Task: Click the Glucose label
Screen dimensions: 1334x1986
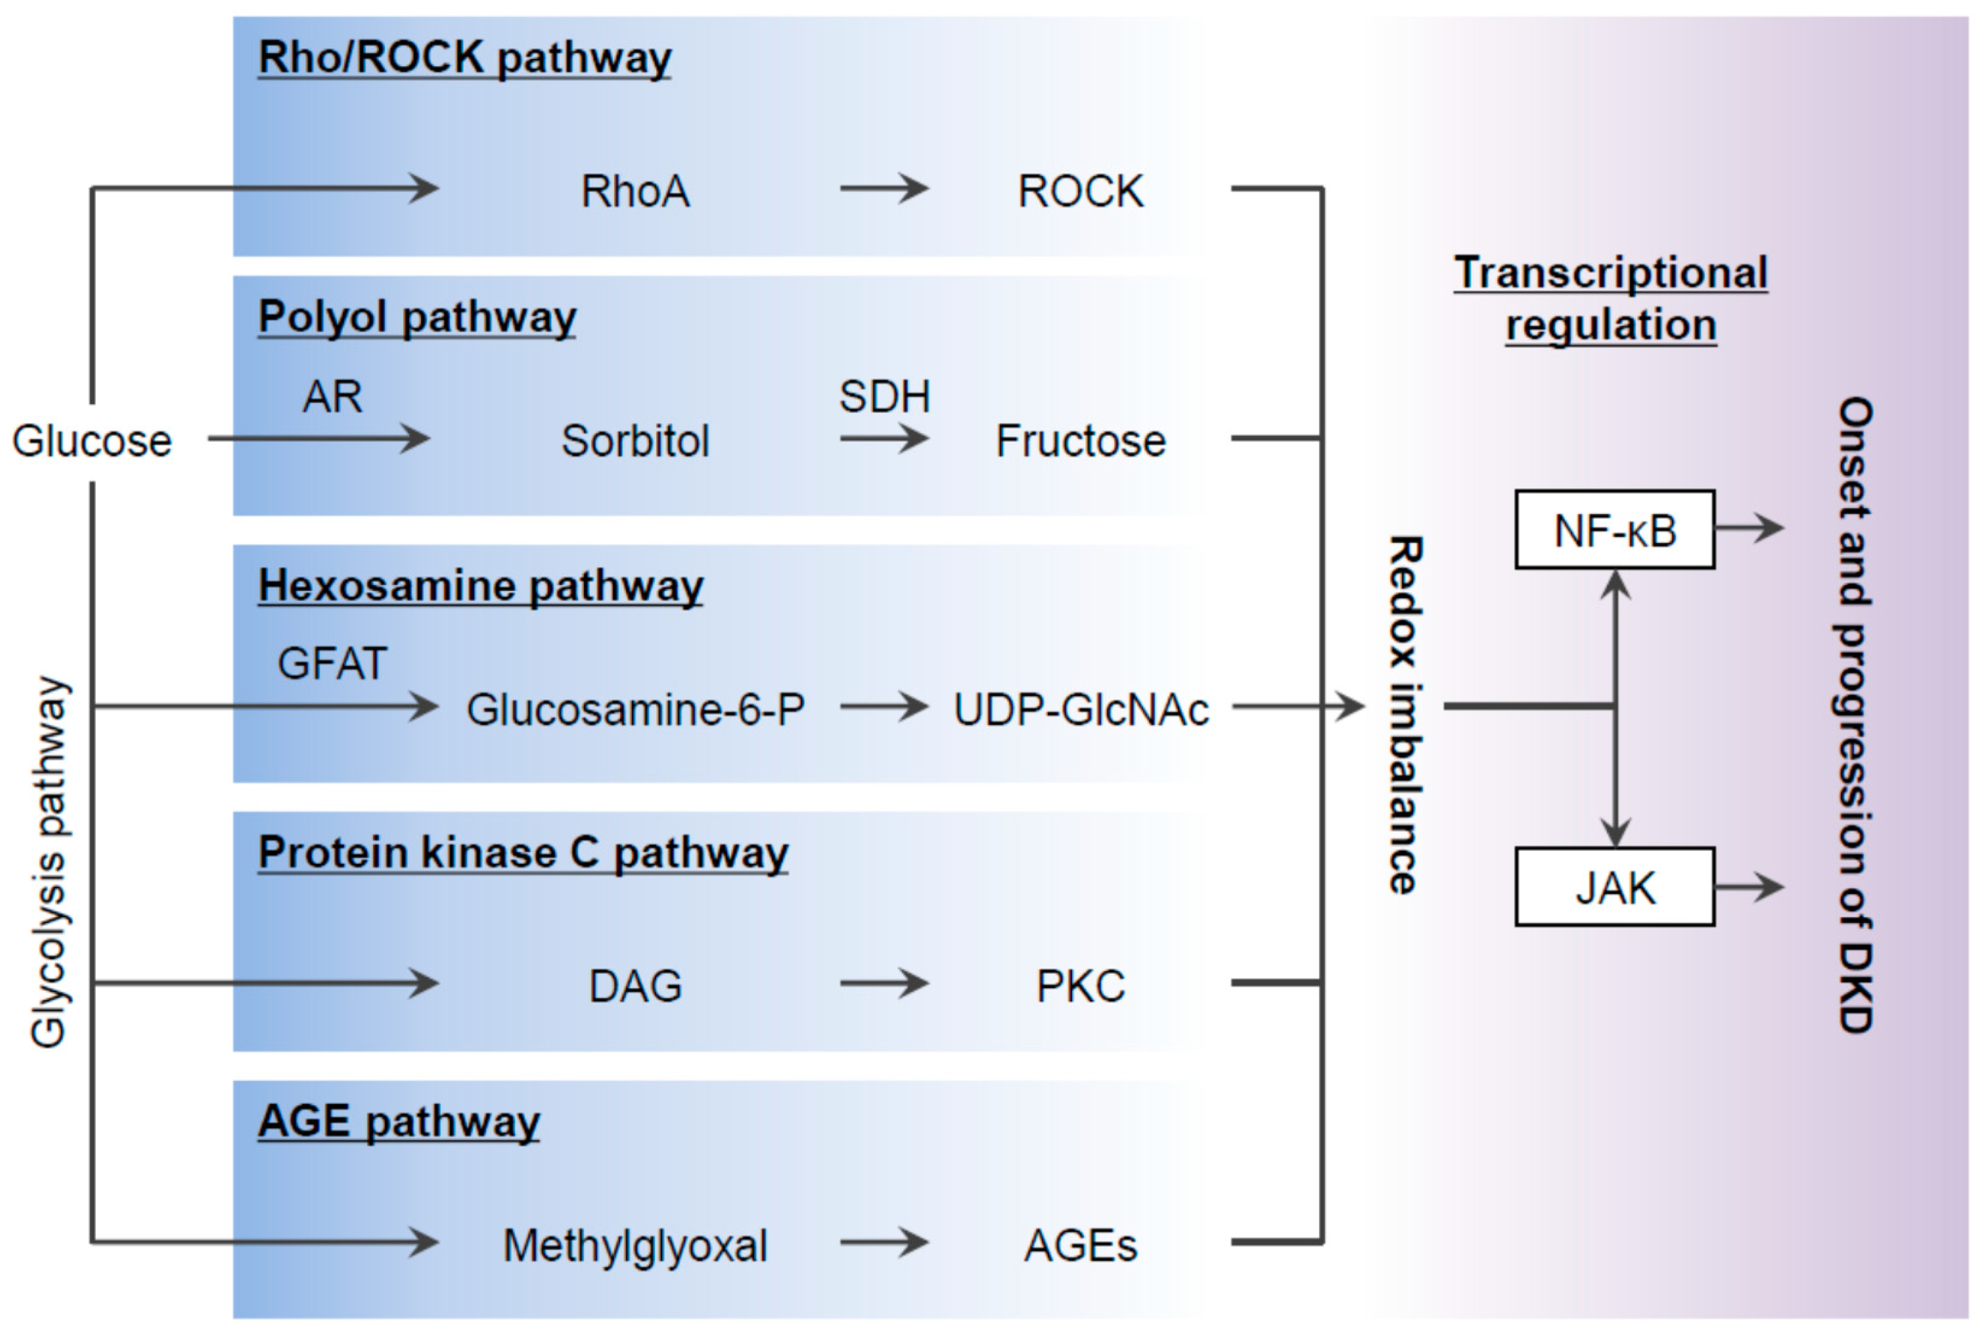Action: click(x=92, y=440)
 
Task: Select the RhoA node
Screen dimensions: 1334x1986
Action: click(x=635, y=191)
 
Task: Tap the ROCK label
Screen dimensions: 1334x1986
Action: click(x=1081, y=191)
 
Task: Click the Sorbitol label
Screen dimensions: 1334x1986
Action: click(x=635, y=440)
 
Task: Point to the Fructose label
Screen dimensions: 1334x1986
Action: click(x=1081, y=440)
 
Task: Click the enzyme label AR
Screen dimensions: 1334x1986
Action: click(x=332, y=396)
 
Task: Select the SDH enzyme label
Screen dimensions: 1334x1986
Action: click(x=884, y=396)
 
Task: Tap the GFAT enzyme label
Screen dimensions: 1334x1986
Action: click(x=332, y=663)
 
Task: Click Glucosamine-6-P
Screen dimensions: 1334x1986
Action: click(x=635, y=710)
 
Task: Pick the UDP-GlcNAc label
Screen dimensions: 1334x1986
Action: click(x=1081, y=710)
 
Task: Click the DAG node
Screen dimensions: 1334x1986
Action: click(x=635, y=986)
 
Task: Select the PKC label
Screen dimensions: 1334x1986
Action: click(x=1081, y=986)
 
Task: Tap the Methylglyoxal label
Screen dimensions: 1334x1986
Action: click(x=635, y=1246)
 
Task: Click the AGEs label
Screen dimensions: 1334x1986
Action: click(x=1081, y=1246)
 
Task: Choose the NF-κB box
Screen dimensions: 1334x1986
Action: click(x=1614, y=530)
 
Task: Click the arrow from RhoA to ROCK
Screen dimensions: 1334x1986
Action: click(x=883, y=188)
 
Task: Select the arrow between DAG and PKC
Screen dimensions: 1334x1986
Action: click(x=883, y=983)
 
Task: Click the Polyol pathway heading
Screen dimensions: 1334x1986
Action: click(x=417, y=317)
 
